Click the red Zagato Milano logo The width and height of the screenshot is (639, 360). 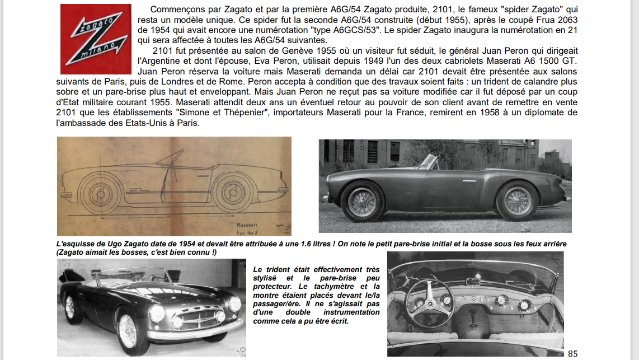click(96, 39)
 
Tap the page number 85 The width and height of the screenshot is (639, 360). click(572, 353)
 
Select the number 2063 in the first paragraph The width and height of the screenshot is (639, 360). click(567, 20)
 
